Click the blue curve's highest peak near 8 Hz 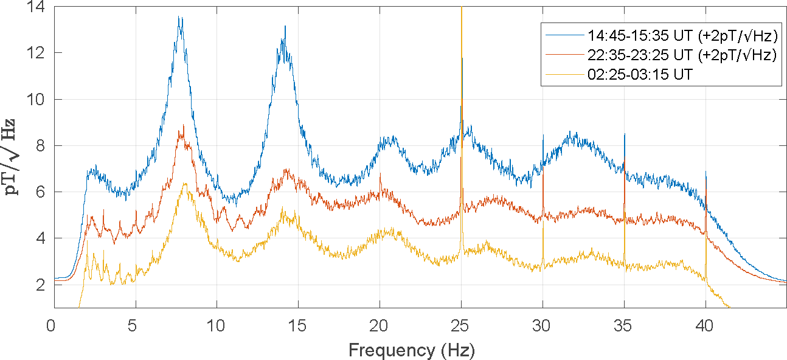(179, 17)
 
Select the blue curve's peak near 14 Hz (285, 26)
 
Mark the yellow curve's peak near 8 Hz (184, 183)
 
